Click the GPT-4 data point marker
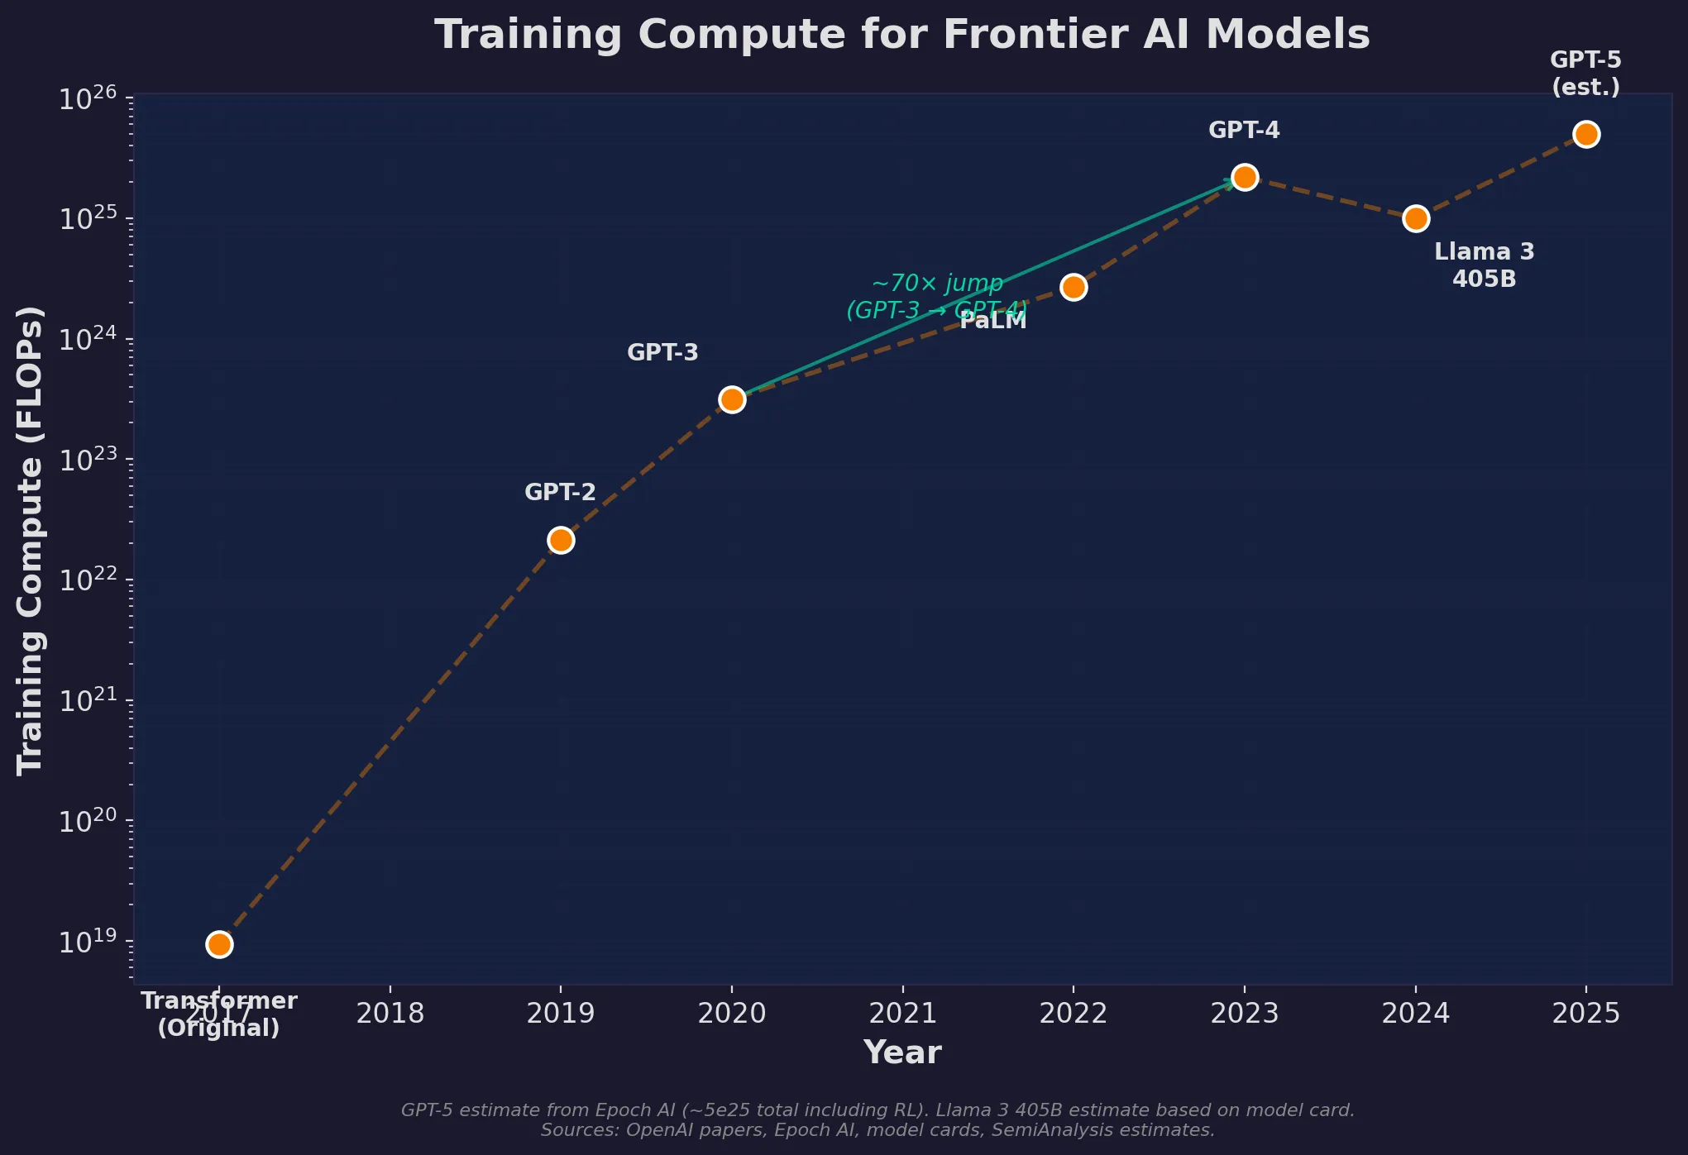(x=1244, y=177)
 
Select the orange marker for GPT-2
(x=561, y=540)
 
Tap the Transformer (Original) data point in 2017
(x=219, y=944)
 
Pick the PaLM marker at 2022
(x=1074, y=287)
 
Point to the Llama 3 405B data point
(x=1416, y=218)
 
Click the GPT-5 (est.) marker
(x=1586, y=134)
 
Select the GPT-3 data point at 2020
(x=732, y=399)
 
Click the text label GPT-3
(x=662, y=353)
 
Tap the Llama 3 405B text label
(x=1484, y=265)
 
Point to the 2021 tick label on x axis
(x=903, y=1013)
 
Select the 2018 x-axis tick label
(x=390, y=1013)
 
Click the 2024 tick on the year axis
(x=1416, y=1013)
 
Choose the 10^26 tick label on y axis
(x=88, y=99)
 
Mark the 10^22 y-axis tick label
(x=88, y=580)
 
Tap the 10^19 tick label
(x=88, y=942)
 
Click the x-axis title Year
(x=902, y=1053)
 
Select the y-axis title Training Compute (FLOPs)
(x=31, y=540)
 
